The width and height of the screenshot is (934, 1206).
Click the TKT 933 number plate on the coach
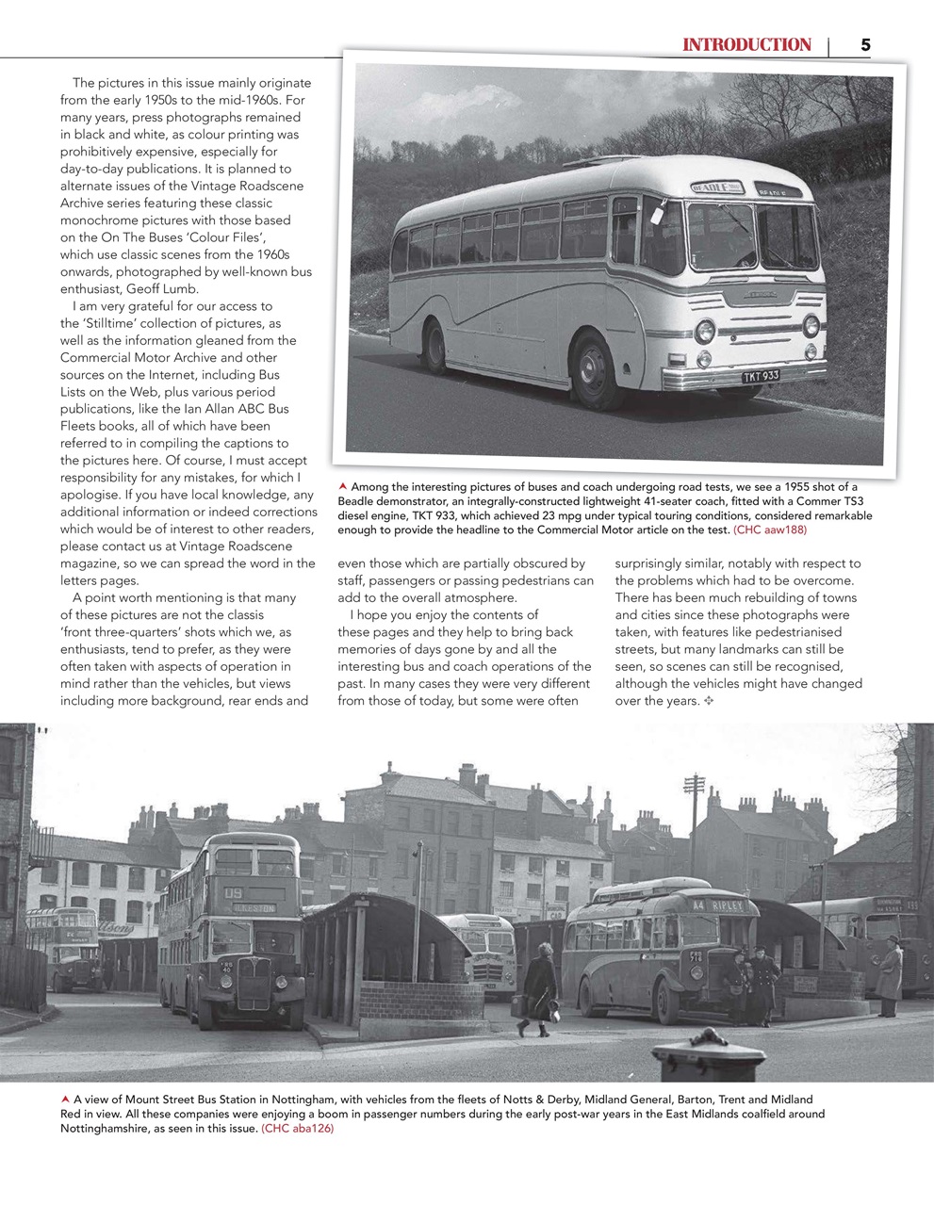point(761,376)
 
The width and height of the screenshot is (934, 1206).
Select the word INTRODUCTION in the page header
point(746,44)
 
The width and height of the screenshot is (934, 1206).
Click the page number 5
point(864,44)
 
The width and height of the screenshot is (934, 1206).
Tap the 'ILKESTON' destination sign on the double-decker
point(255,908)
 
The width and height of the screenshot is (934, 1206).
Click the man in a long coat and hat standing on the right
point(889,975)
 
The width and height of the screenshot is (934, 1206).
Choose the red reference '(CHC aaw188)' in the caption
point(770,530)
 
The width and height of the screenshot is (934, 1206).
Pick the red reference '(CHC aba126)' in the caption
point(297,1129)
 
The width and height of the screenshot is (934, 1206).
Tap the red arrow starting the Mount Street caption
point(64,1100)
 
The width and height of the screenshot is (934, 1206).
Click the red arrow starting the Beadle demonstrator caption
point(343,486)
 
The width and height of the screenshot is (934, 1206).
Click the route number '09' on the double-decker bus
point(233,890)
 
